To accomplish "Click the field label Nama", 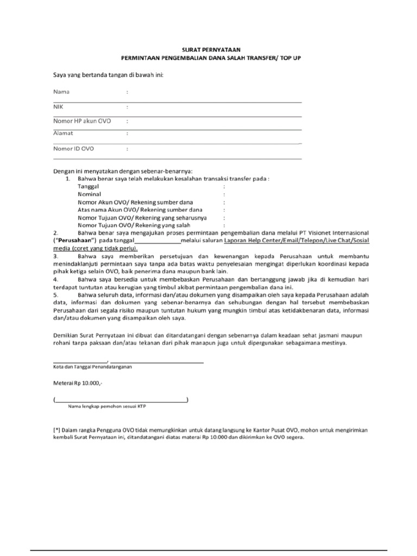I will (61, 92).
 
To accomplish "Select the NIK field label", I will (58, 107).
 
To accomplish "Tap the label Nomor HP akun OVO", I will (81, 121).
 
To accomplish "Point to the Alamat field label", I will (63, 133).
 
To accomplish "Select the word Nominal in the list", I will (90, 193).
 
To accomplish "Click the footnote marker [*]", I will (56, 429).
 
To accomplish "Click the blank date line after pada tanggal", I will (157, 241).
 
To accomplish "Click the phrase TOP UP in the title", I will (281, 57).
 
